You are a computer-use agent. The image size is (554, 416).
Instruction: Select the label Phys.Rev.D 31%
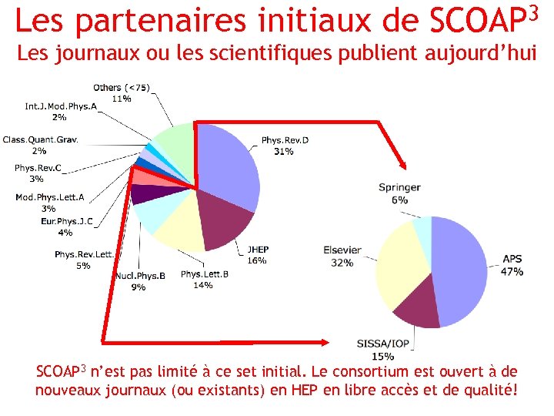click(284, 146)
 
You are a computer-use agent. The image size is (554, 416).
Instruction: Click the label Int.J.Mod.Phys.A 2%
click(61, 111)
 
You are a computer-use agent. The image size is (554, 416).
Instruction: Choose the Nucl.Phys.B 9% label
click(139, 281)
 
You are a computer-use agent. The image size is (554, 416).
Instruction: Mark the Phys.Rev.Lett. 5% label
click(83, 260)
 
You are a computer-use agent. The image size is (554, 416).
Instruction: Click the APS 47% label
click(512, 265)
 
